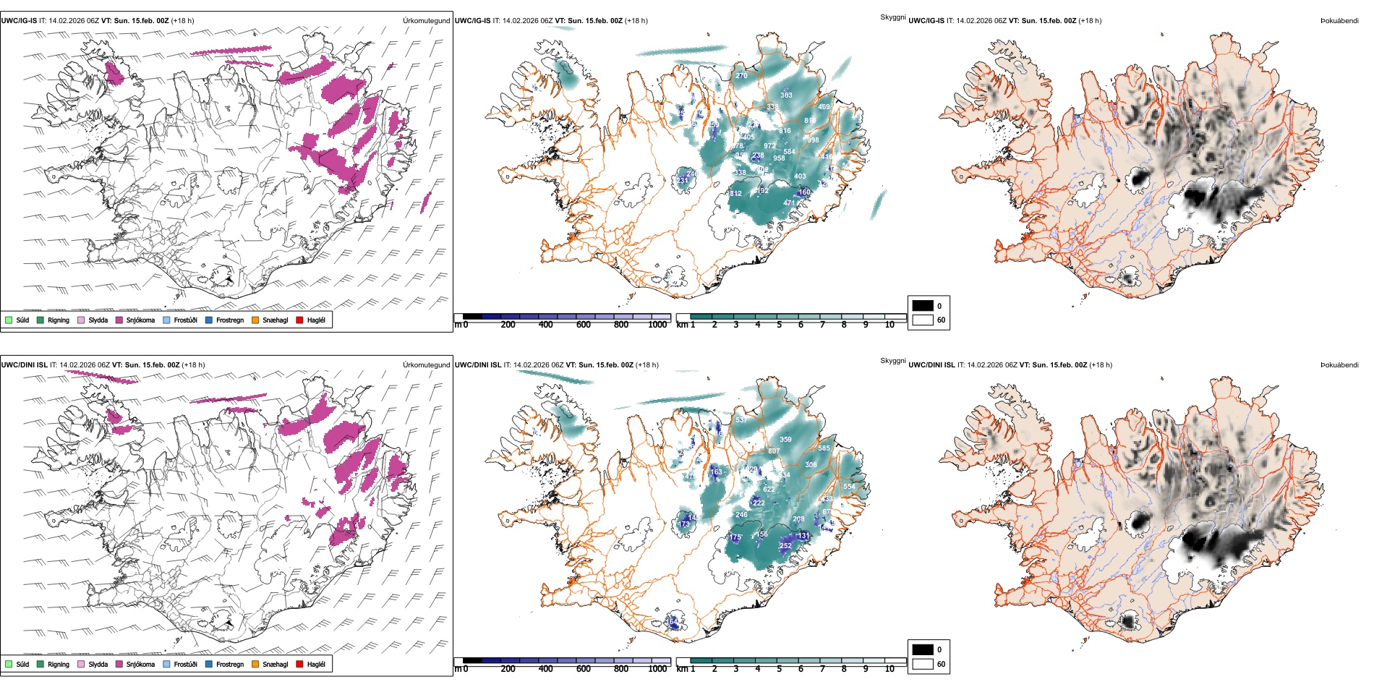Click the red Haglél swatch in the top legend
pos(300,320)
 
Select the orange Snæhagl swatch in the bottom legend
pos(255,664)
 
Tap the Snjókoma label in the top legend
pos(140,320)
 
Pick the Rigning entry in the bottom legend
pos(58,665)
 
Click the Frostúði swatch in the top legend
pos(167,320)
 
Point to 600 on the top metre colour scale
pos(584,325)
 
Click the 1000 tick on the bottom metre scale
pos(657,669)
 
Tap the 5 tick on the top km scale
pos(779,325)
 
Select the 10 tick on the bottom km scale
pos(889,669)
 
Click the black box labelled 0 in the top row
pos(923,306)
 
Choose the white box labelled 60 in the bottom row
pos(923,664)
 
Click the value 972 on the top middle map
pos(769,146)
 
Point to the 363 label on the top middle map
pos(786,95)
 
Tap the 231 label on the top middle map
pos(683,181)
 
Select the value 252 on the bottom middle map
pos(785,546)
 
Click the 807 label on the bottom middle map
pos(774,451)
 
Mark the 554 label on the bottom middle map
pos(849,487)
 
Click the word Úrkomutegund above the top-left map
pos(426,21)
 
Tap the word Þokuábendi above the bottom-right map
pos(1339,365)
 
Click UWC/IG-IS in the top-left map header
pos(19,21)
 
